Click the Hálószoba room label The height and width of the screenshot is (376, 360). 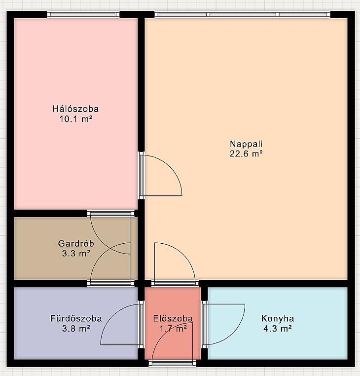coord(76,109)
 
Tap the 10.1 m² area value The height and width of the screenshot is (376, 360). coord(76,119)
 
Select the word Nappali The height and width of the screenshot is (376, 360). coord(246,144)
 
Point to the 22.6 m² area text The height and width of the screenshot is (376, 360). coord(246,153)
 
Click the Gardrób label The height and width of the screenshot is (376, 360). coord(76,243)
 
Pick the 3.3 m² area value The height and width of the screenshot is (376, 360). coord(76,253)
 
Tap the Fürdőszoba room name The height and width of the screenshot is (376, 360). coord(76,318)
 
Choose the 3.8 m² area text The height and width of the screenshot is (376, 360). coord(76,328)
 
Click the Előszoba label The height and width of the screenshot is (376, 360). coord(173,318)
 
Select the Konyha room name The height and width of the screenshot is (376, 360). coord(278,318)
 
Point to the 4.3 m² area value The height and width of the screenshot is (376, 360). coord(278,328)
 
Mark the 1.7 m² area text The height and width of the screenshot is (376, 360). coord(173,328)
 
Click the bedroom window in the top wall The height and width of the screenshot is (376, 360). coord(83,14)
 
